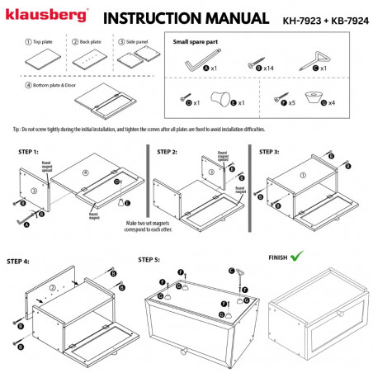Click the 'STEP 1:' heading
30,153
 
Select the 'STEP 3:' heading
274,151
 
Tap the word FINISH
280,258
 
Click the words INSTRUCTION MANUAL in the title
186,17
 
